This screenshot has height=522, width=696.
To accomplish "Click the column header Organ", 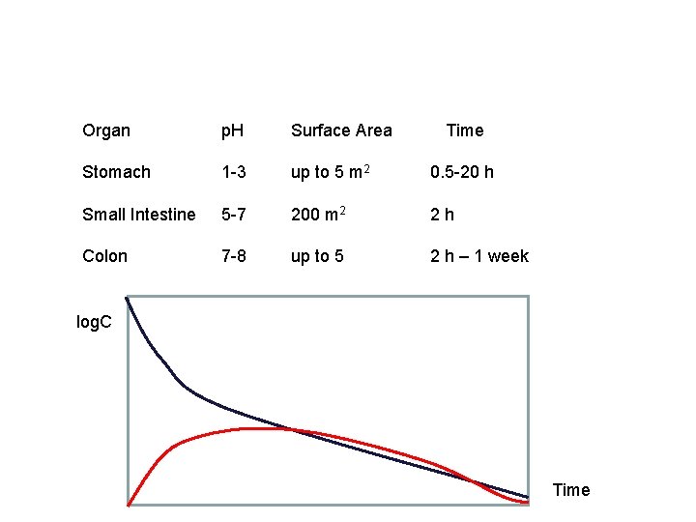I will click(106, 130).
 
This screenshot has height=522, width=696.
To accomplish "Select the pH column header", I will click(232, 130).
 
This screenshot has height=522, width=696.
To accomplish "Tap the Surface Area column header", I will click(341, 130).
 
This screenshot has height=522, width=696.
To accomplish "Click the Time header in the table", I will click(464, 130).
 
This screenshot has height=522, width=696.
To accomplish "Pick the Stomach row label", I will click(116, 172).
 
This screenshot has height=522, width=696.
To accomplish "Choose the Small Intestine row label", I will click(138, 215).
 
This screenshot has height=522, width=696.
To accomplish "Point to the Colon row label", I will click(104, 256).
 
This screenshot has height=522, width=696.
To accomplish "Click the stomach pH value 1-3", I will click(233, 172).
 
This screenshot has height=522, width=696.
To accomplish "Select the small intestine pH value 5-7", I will click(233, 215).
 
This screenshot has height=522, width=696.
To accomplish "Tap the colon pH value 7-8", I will click(233, 256).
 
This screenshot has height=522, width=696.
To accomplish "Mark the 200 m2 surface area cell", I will click(318, 214).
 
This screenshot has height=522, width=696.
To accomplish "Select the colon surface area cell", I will click(318, 256).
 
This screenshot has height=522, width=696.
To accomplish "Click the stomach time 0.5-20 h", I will click(462, 172).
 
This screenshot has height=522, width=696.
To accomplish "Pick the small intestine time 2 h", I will click(443, 215).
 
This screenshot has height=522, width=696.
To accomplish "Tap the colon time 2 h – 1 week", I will click(479, 256).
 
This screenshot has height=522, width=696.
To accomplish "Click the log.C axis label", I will click(94, 321).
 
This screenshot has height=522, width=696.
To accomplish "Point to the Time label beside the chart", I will click(570, 490).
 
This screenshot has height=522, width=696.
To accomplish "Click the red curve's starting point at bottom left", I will click(129, 504).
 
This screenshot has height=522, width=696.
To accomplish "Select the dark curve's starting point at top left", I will click(128, 299).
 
